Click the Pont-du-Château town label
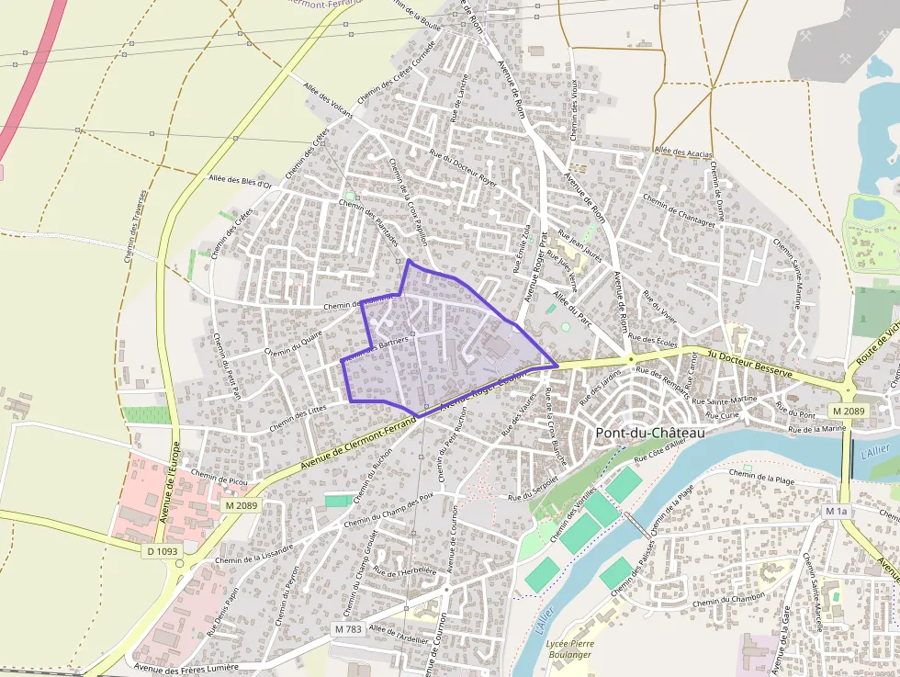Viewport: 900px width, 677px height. click(650, 433)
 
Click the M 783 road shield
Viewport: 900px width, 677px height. click(348, 629)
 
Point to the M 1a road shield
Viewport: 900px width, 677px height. click(836, 511)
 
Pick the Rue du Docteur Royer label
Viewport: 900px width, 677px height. click(464, 168)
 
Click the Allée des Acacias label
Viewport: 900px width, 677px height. click(683, 151)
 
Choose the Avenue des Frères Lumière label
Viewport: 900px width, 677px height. click(186, 668)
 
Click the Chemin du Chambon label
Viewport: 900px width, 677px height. click(729, 600)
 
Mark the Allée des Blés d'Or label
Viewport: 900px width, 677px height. click(240, 182)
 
